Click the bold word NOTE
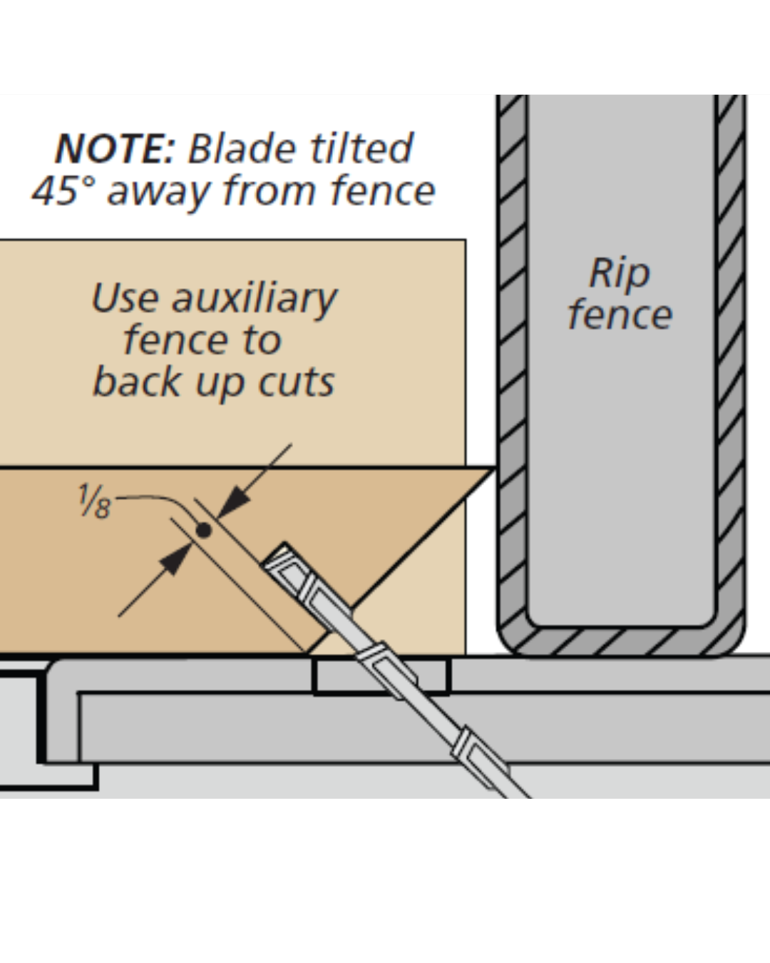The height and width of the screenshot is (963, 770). pyautogui.click(x=115, y=148)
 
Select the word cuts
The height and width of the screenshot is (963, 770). pyautogui.click(x=297, y=382)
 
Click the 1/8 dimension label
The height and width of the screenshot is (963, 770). pyautogui.click(x=95, y=501)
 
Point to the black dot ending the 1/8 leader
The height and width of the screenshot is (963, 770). pyautogui.click(x=204, y=530)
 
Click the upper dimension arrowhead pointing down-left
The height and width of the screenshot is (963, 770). pyautogui.click(x=233, y=504)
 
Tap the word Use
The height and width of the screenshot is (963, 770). pyautogui.click(x=125, y=298)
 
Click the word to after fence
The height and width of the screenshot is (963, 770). pyautogui.click(x=262, y=342)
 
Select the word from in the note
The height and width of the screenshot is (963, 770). pyautogui.click(x=271, y=190)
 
